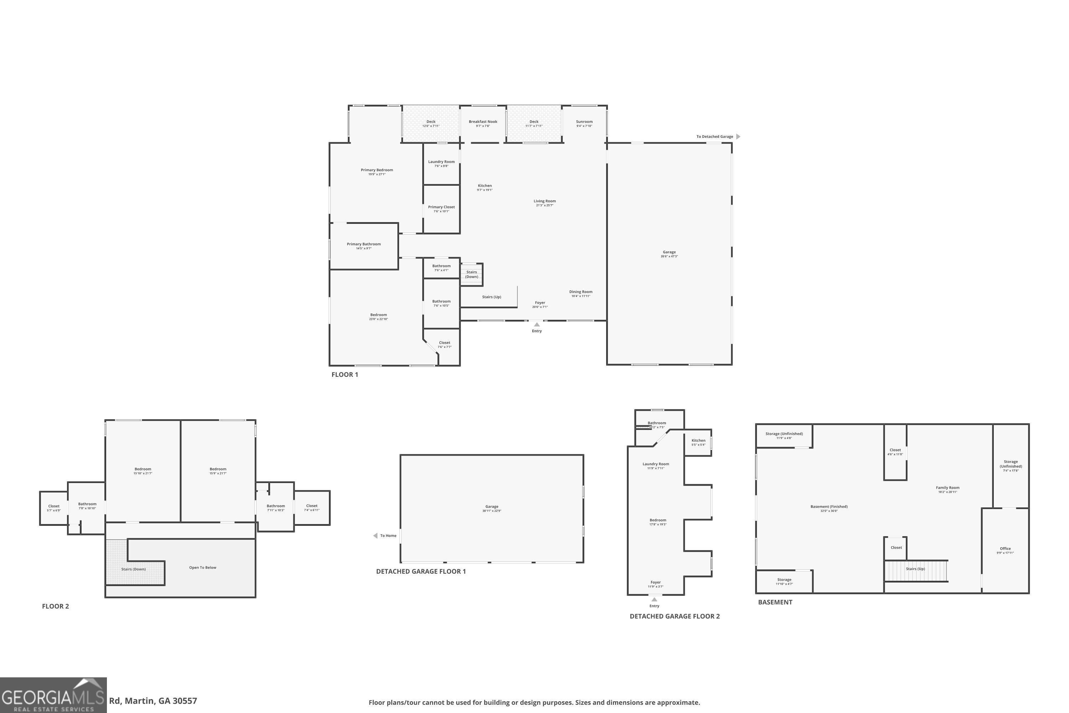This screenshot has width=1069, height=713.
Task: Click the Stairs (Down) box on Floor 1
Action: click(x=471, y=274)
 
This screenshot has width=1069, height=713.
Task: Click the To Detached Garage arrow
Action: click(x=738, y=137)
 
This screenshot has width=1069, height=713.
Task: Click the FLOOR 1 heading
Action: click(x=345, y=375)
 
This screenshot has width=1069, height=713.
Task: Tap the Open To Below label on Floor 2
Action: click(x=203, y=568)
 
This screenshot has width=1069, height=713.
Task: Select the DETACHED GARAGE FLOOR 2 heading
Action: click(x=675, y=616)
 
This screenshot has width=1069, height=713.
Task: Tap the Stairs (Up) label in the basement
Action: click(x=915, y=569)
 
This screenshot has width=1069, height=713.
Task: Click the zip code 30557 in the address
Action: click(x=185, y=701)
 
